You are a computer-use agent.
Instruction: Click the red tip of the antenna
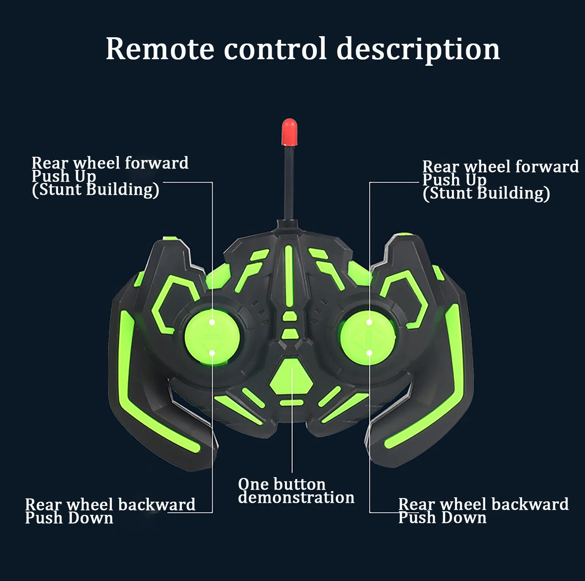[289, 132]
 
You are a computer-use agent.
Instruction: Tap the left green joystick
[212, 337]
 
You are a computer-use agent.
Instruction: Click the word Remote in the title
[160, 49]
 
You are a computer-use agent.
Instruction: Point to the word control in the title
[275, 48]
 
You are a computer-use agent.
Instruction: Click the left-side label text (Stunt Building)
[95, 190]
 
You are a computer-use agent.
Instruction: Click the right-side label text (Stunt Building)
[486, 193]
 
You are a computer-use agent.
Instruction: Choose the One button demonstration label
[296, 491]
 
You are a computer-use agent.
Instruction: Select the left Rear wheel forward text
[110, 163]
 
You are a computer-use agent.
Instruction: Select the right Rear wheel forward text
[501, 166]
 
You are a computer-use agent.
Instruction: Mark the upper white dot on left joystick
[212, 322]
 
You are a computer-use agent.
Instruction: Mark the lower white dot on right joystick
[369, 353]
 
